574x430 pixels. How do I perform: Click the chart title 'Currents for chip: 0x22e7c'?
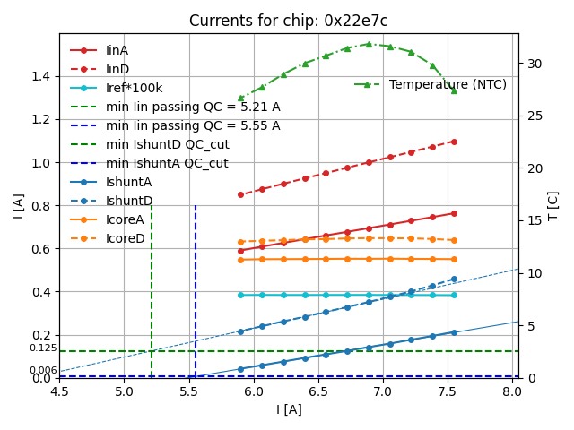(x=288, y=21)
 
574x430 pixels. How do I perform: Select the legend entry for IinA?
(x=117, y=50)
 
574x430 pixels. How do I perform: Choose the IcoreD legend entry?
(x=125, y=238)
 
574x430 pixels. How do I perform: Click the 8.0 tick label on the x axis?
(x=511, y=391)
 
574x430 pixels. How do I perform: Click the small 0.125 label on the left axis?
(x=42, y=348)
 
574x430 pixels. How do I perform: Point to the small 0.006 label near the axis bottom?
(x=42, y=370)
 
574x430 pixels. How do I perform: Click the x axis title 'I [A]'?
(x=288, y=409)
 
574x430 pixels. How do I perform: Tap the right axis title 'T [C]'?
(x=552, y=206)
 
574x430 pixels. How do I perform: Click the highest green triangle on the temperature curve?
(x=369, y=44)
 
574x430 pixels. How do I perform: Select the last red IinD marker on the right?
(x=454, y=142)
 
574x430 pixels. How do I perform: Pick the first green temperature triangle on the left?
(x=240, y=98)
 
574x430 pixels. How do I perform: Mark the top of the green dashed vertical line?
(x=152, y=206)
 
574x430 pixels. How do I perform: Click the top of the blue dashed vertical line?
(x=196, y=206)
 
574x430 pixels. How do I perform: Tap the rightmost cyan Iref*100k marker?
(x=454, y=295)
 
